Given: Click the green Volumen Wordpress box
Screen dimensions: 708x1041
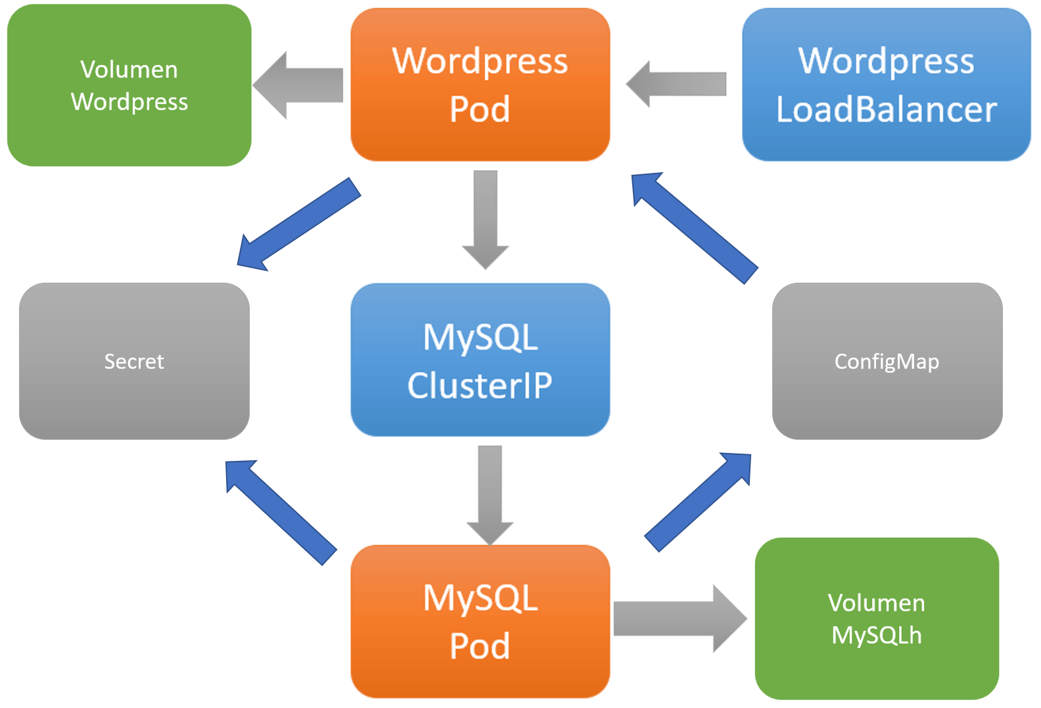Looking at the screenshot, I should [129, 85].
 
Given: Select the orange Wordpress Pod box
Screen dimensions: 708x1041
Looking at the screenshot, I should [480, 84].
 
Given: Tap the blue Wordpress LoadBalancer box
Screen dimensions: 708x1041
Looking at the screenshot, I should [886, 84].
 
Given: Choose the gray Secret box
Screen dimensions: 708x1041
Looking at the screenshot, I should [134, 361].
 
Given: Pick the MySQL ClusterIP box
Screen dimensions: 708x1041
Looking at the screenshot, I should [480, 360].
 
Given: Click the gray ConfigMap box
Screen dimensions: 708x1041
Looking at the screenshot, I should [887, 361].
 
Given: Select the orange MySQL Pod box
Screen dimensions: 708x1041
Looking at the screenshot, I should [480, 621].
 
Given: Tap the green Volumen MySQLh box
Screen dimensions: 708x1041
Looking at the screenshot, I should [876, 619].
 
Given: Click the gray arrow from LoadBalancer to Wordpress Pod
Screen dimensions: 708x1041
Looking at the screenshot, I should [677, 84].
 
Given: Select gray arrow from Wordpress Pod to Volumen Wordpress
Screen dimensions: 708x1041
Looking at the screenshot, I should [299, 85].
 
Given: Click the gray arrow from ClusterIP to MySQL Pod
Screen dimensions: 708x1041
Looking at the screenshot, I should [490, 493].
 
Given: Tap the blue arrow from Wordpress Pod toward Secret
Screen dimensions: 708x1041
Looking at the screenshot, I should [299, 224].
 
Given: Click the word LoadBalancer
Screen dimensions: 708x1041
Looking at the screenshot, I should [886, 109].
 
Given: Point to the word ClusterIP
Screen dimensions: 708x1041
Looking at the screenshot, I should [480, 385].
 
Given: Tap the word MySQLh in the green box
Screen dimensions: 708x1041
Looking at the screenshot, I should [876, 635].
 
